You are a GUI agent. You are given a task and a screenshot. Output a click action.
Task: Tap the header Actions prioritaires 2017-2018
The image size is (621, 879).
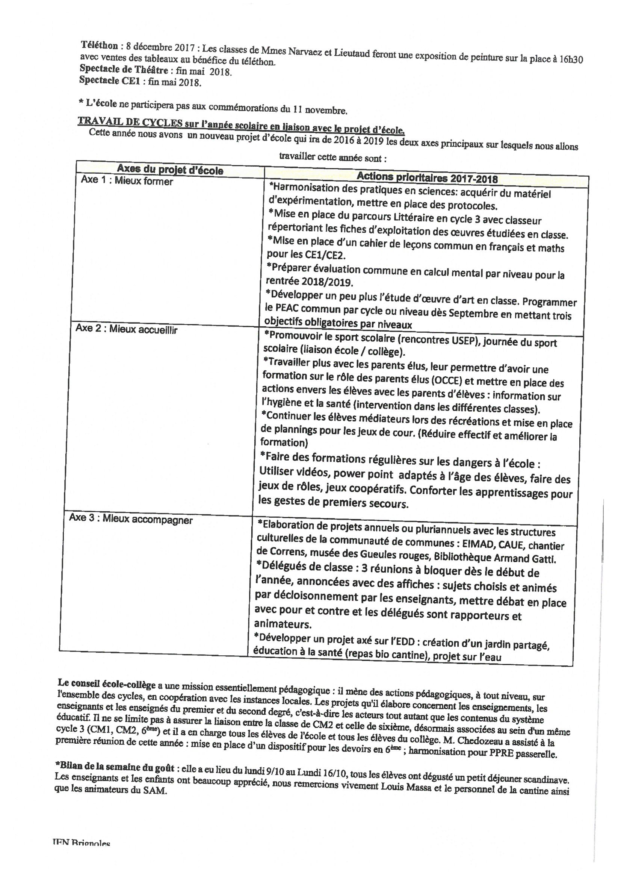(427, 177)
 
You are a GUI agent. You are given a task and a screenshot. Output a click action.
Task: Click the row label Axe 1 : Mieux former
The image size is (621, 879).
(127, 181)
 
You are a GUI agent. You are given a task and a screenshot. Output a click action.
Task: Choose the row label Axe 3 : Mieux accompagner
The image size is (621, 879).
(130, 520)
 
